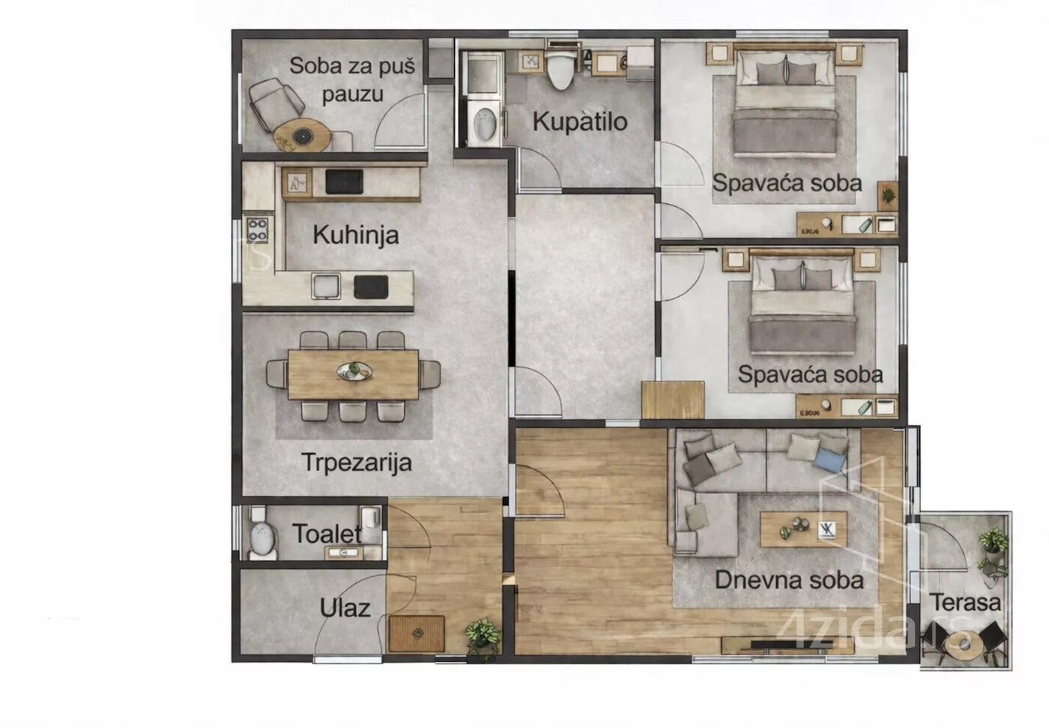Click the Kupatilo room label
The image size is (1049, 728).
pyautogui.click(x=580, y=121)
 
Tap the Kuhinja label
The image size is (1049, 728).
pyautogui.click(x=356, y=235)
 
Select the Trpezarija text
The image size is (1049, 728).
pyautogui.click(x=357, y=463)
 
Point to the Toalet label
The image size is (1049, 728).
pyautogui.click(x=327, y=534)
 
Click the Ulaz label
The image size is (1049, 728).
pyautogui.click(x=345, y=609)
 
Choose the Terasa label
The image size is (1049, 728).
pyautogui.click(x=965, y=603)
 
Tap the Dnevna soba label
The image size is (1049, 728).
pyautogui.click(x=789, y=580)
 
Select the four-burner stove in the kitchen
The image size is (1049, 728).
pyautogui.click(x=257, y=230)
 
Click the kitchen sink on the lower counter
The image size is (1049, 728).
pyautogui.click(x=326, y=286)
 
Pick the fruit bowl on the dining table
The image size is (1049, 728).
pyautogui.click(x=354, y=371)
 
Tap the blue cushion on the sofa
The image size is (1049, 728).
pyautogui.click(x=830, y=460)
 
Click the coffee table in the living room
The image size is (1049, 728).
pyautogui.click(x=803, y=529)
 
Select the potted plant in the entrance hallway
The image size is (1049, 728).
pyautogui.click(x=483, y=637)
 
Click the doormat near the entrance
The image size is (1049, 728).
pyautogui.click(x=417, y=634)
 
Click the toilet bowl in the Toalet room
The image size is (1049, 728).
pyautogui.click(x=262, y=540)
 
